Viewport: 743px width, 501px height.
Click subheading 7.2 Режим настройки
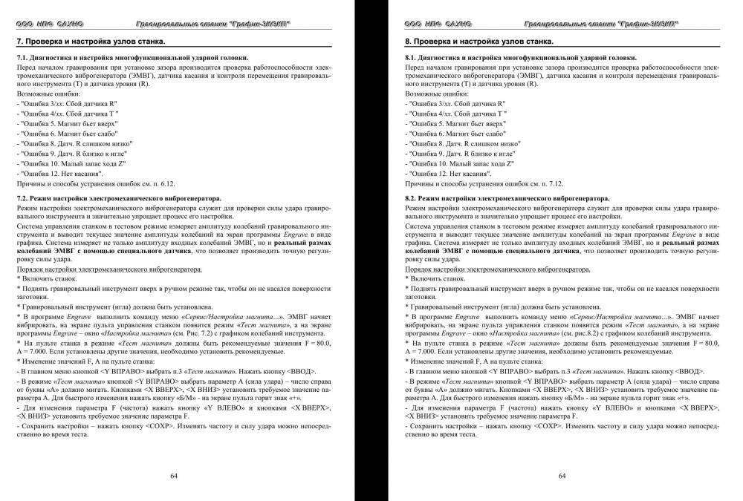[119, 198]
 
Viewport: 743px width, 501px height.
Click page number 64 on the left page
[174, 476]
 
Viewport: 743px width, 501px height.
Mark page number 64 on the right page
[562, 476]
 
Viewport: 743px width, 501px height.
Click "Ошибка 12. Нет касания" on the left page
[59, 172]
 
